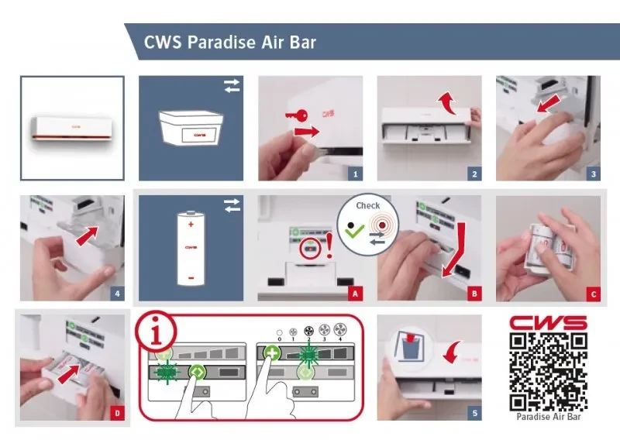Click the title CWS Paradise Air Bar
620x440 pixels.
pyautogui.click(x=229, y=43)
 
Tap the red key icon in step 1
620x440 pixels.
pyautogui.click(x=296, y=116)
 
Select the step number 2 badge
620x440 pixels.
pyautogui.click(x=474, y=174)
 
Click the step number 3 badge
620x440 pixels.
pyautogui.click(x=593, y=174)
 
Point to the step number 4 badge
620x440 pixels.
pyautogui.click(x=117, y=294)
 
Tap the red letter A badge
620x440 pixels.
pyautogui.click(x=355, y=294)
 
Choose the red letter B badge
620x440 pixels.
pyautogui.click(x=474, y=294)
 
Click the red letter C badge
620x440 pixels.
pyautogui.click(x=593, y=294)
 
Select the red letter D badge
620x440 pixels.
pyautogui.click(x=117, y=414)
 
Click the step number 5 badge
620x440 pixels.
pyautogui.click(x=474, y=414)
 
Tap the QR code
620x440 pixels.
pyautogui.click(x=548, y=372)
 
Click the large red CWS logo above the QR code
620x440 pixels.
pyautogui.click(x=548, y=322)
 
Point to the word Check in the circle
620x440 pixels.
pyautogui.click(x=367, y=205)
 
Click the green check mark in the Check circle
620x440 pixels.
pyautogui.click(x=355, y=231)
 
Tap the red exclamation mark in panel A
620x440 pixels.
pyautogui.click(x=329, y=246)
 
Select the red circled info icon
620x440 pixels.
pyautogui.click(x=157, y=332)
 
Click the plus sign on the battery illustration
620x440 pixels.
pyautogui.click(x=191, y=225)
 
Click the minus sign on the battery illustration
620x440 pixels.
pyautogui.click(x=191, y=278)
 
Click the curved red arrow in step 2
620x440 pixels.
pyautogui.click(x=448, y=102)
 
